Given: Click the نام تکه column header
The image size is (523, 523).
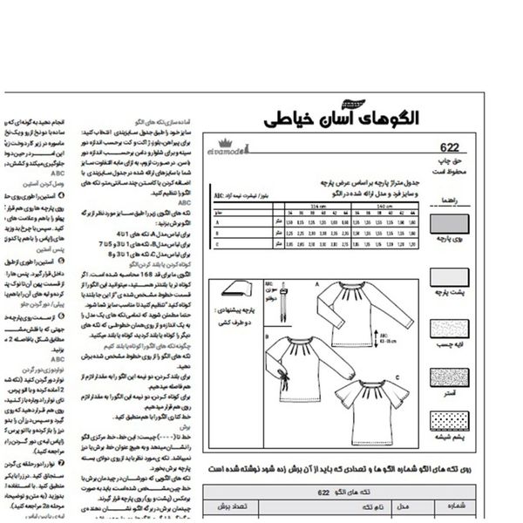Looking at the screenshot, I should point(367,506).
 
